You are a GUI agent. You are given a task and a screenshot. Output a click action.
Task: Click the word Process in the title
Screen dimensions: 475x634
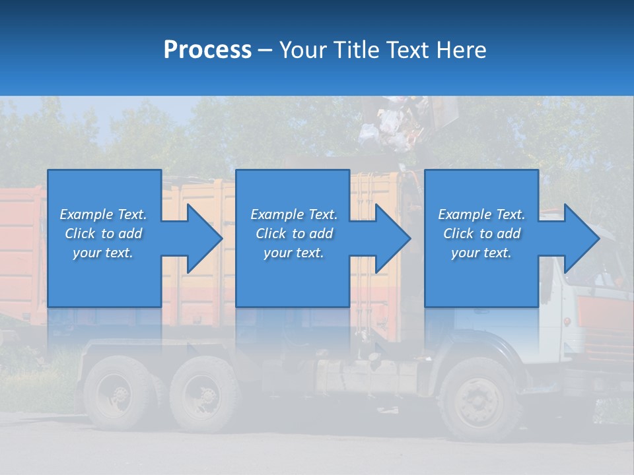click(x=207, y=50)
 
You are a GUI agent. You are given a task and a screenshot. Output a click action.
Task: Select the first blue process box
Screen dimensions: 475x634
click(x=104, y=238)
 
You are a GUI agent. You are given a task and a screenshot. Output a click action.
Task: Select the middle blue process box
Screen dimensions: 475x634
click(x=293, y=238)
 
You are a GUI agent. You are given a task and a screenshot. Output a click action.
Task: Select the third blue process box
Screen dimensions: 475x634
click(x=481, y=238)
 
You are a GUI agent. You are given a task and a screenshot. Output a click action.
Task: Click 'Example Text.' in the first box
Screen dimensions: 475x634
click(x=103, y=214)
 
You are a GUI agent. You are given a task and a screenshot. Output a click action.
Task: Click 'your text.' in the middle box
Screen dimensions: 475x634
click(x=293, y=253)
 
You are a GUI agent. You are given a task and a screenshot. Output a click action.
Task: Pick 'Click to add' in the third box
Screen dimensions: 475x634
click(x=481, y=234)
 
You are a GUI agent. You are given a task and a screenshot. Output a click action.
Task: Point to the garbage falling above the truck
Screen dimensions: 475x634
click(x=390, y=122)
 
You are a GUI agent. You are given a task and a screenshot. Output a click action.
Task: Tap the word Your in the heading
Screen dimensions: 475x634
click(x=302, y=50)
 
